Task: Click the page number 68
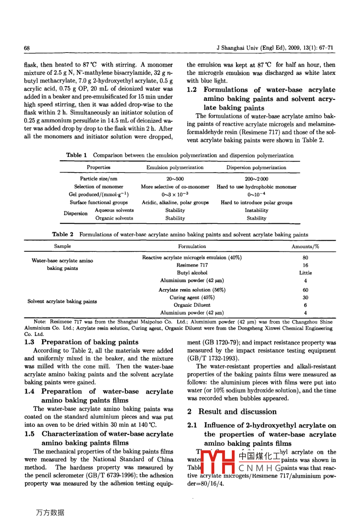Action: pyautogui.click(x=27, y=48)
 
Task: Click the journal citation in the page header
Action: pyautogui.click(x=275, y=48)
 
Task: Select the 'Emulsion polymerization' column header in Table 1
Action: pyautogui.click(x=175, y=167)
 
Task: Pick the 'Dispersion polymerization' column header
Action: pyautogui.click(x=256, y=167)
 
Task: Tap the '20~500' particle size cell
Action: pyautogui.click(x=175, y=179)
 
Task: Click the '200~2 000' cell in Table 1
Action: pyautogui.click(x=256, y=179)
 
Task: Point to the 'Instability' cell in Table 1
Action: pyautogui.click(x=256, y=210)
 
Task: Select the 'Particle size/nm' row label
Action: pyautogui.click(x=99, y=179)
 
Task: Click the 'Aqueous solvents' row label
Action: pyautogui.click(x=114, y=210)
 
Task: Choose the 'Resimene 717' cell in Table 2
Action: pyautogui.click(x=192, y=265)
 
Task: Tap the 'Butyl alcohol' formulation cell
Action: pyautogui.click(x=192, y=273)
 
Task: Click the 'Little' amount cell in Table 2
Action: pyautogui.click(x=305, y=273)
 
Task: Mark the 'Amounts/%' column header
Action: pyautogui.click(x=305, y=247)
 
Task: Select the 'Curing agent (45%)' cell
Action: pyautogui.click(x=192, y=298)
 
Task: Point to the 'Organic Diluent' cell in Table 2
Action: pyautogui.click(x=192, y=305)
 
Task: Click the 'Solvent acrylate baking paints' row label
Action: pyautogui.click(x=62, y=302)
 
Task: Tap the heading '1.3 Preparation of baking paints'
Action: pyautogui.click(x=81, y=342)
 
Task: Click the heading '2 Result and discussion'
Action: pyautogui.click(x=232, y=412)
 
